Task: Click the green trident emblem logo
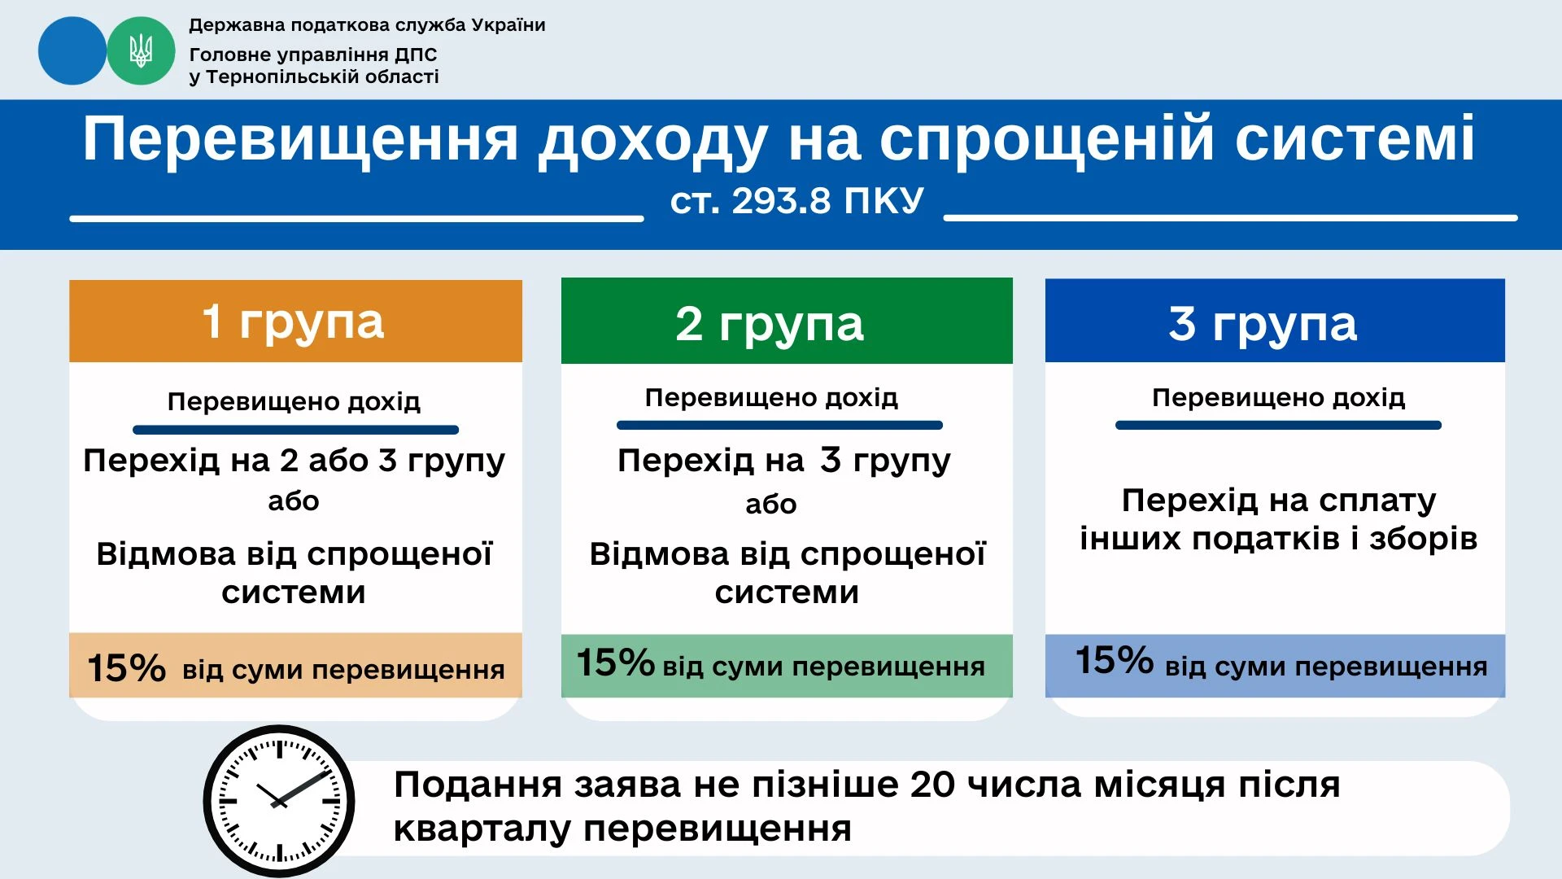click(x=141, y=51)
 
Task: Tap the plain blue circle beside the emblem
click(x=72, y=51)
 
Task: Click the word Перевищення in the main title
click(x=300, y=140)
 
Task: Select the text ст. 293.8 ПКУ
click(x=796, y=201)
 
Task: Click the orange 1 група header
click(x=295, y=321)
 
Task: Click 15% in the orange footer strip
click(x=126, y=668)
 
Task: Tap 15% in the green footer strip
click(x=615, y=663)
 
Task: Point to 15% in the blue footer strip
click(x=1114, y=660)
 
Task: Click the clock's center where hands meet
click(x=279, y=802)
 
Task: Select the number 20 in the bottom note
click(x=932, y=785)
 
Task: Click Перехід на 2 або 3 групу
click(x=294, y=461)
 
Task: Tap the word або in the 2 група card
click(x=770, y=505)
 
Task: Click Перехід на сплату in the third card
click(x=1278, y=500)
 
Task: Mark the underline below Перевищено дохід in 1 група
click(x=295, y=430)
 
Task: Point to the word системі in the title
click(x=1355, y=140)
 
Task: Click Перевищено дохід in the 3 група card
click(x=1278, y=398)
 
